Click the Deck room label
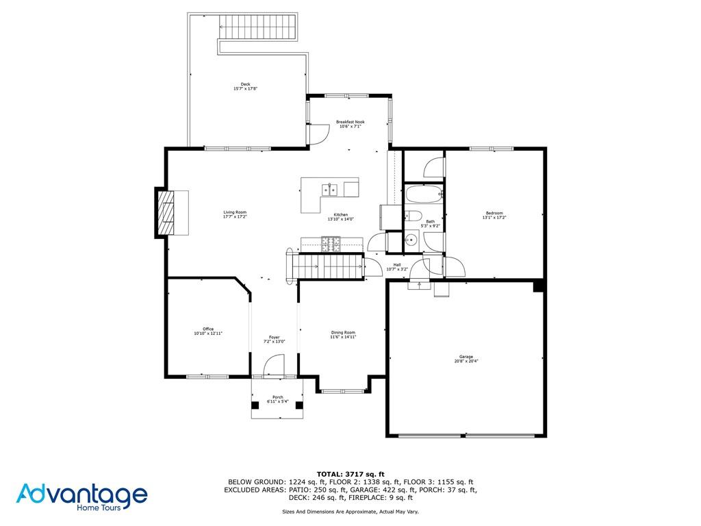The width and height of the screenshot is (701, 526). pos(245,86)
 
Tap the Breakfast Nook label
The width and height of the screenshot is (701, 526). pos(350,124)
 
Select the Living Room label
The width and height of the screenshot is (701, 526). pos(235,214)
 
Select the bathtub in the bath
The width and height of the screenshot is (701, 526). pos(424,194)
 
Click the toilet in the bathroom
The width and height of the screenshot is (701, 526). pos(411,218)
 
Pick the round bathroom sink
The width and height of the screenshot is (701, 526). pos(411,240)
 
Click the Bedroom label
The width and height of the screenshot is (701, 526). pos(494,215)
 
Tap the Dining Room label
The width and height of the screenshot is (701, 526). pos(343,335)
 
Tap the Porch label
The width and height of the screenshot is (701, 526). pos(277,399)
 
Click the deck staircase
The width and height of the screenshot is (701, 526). pos(259,28)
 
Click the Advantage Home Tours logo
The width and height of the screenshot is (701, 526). pos(82,497)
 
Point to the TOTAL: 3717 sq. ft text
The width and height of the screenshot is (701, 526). pos(350,474)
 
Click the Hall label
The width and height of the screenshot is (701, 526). pos(397,267)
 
